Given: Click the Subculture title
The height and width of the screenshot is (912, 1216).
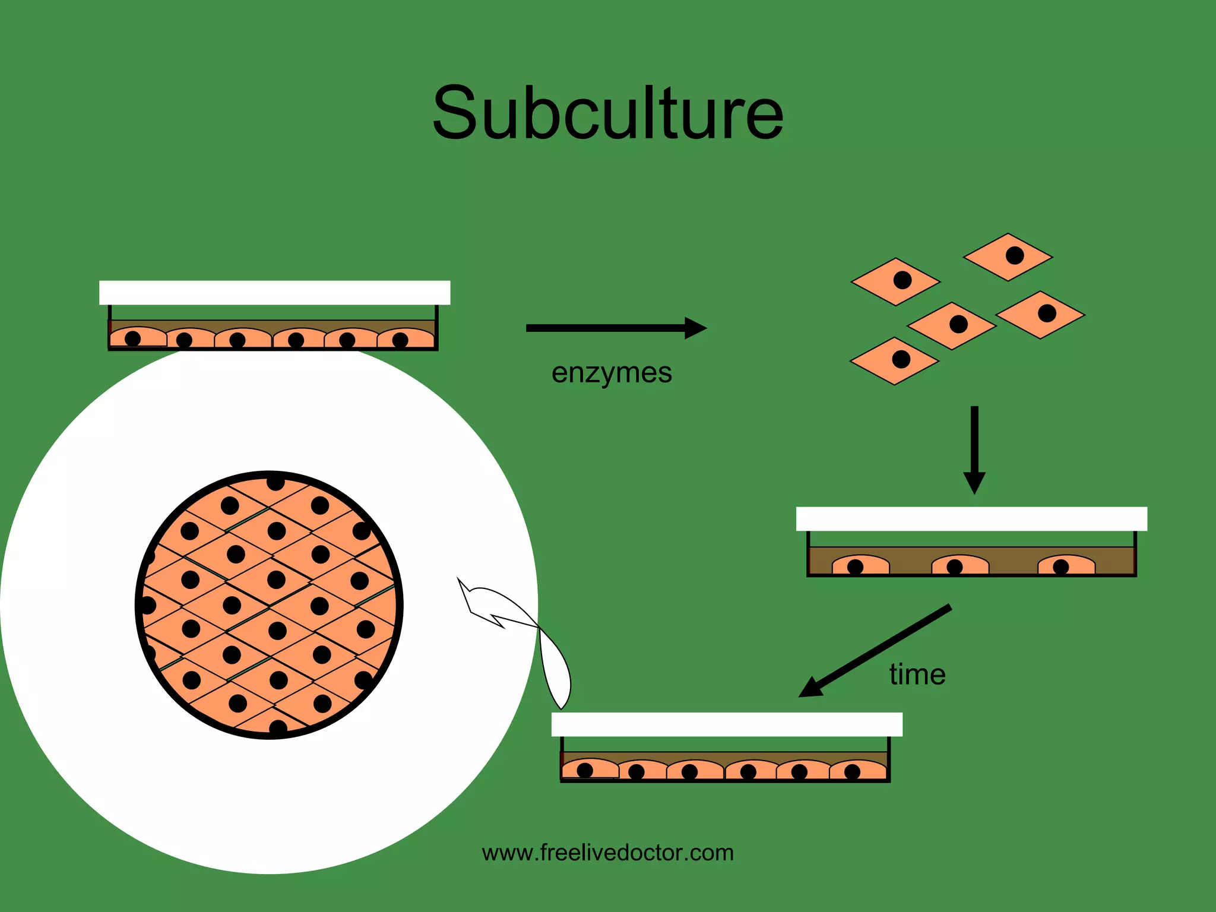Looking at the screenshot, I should (x=608, y=113).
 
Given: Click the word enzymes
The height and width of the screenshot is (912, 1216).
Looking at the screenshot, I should (x=612, y=373).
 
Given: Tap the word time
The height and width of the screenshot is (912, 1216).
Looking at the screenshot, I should (x=917, y=674).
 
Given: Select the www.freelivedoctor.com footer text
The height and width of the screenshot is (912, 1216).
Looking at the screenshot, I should (x=608, y=853).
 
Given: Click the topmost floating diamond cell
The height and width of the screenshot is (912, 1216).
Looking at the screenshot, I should (x=1008, y=256).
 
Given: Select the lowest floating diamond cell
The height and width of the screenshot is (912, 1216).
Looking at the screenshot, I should (x=895, y=361).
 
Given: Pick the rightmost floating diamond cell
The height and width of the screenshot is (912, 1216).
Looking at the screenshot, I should (x=1040, y=315).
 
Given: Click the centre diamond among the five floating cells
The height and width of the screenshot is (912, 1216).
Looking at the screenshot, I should (x=952, y=325).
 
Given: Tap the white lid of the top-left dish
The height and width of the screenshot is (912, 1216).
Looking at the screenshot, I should (x=274, y=293).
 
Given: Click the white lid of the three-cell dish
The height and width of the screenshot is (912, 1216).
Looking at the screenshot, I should (x=971, y=519).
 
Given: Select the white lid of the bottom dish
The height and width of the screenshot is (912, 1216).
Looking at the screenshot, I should (x=727, y=724).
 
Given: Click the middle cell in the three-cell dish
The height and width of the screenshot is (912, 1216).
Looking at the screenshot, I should (x=960, y=565).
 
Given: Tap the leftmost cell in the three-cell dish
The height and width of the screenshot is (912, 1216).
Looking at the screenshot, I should (x=860, y=565).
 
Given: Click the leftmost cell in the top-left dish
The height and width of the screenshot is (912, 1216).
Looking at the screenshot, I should (x=138, y=338).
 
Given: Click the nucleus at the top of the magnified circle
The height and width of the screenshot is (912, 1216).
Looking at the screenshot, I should (x=275, y=482).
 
